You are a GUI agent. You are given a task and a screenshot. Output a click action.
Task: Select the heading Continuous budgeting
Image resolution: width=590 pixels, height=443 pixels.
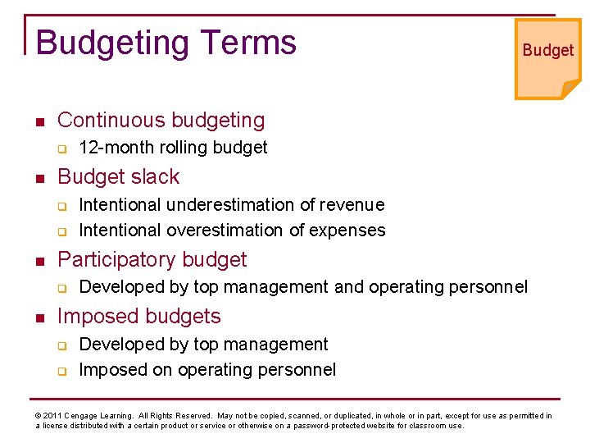click(x=161, y=120)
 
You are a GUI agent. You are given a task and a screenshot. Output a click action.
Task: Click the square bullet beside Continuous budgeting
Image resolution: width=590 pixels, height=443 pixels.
click(x=39, y=121)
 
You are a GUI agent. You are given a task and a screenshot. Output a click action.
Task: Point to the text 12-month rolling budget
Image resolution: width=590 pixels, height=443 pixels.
click(x=173, y=148)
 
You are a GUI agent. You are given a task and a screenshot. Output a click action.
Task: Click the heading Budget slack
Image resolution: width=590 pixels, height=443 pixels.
click(x=118, y=176)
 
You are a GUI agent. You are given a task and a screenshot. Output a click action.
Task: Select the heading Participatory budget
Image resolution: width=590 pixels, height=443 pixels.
click(x=152, y=259)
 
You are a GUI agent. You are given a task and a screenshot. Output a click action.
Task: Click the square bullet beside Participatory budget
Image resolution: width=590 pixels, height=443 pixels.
click(x=39, y=261)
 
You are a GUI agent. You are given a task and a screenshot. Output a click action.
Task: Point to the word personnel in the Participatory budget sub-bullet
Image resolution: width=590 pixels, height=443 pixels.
click(x=489, y=287)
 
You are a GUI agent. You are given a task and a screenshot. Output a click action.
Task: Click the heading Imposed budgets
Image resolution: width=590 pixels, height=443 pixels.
click(x=139, y=316)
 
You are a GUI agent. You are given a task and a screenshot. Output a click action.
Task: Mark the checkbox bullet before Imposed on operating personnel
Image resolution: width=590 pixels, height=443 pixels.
click(x=61, y=371)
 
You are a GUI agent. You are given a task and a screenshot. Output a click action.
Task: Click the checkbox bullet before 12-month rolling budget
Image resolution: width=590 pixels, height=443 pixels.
click(x=61, y=148)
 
